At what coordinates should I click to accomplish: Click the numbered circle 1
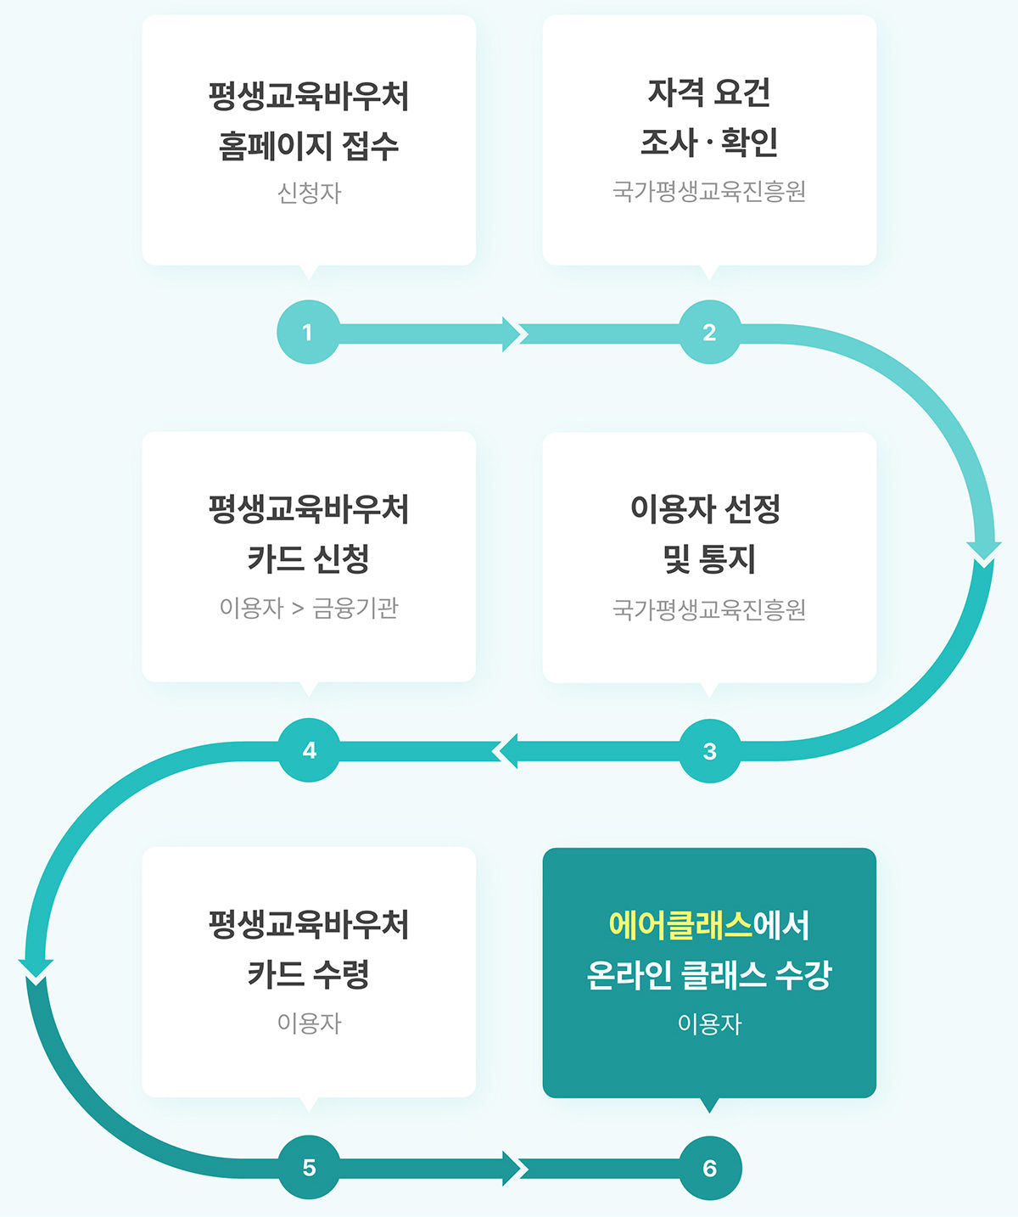click(308, 332)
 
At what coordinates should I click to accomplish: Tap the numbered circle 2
click(709, 332)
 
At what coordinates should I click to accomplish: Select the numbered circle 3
click(709, 751)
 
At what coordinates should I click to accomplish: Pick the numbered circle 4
click(309, 750)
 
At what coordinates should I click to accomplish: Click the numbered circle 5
click(309, 1168)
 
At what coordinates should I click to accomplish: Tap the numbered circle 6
click(710, 1168)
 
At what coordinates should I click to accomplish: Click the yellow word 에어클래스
click(680, 924)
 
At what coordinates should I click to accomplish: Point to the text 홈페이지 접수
click(309, 145)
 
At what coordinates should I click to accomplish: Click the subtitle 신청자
click(309, 193)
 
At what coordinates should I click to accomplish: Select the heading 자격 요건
click(709, 93)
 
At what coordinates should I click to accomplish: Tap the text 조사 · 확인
click(709, 142)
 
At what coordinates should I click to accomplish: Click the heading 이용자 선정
click(705, 508)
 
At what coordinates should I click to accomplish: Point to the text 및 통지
click(709, 558)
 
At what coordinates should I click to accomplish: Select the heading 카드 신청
click(309, 558)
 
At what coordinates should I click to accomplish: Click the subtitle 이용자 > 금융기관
click(309, 608)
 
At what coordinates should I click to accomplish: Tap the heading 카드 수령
click(309, 973)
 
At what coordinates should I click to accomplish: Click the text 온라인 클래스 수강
click(709, 974)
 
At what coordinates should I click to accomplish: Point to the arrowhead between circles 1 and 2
click(512, 334)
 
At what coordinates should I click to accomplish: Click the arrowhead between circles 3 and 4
click(506, 751)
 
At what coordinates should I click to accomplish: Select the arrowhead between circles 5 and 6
click(512, 1169)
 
